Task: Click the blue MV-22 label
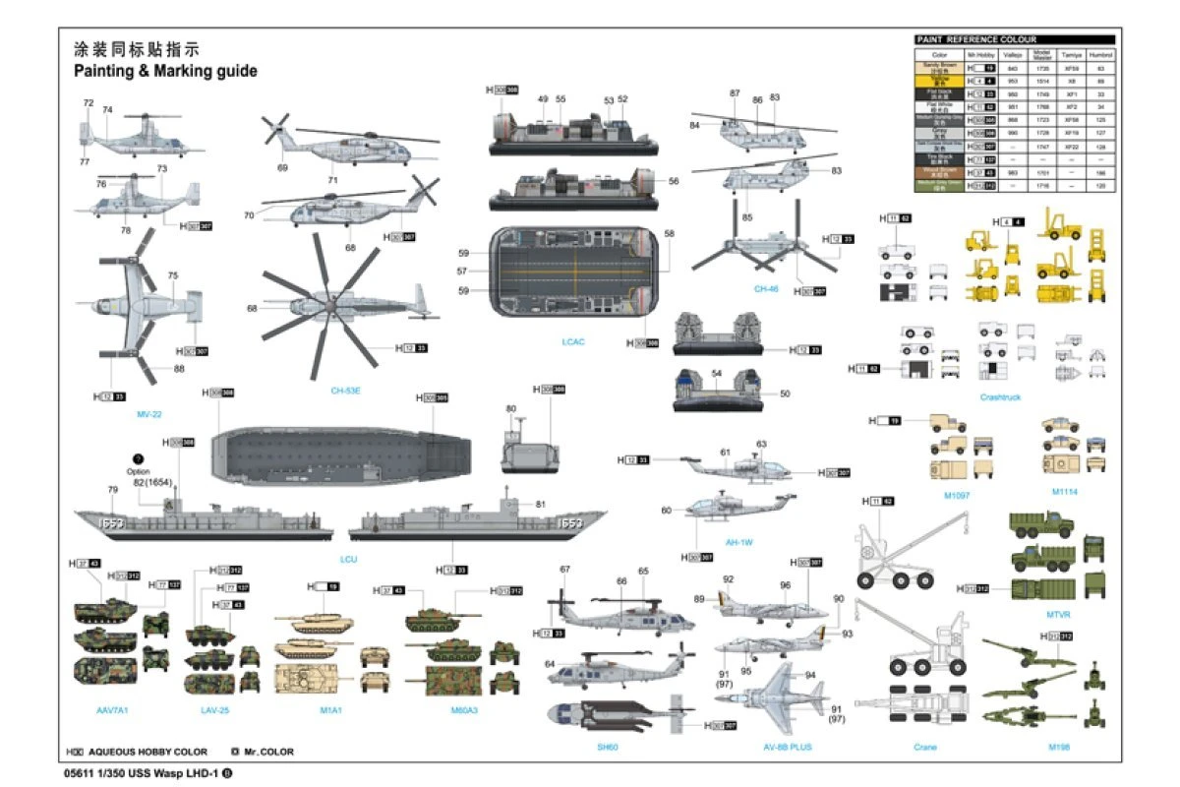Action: (x=149, y=414)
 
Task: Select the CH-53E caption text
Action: (x=346, y=391)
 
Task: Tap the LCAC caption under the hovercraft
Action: (x=573, y=341)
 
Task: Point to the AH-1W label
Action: (x=738, y=541)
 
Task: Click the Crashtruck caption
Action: (x=1001, y=397)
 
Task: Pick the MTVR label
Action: (x=1058, y=614)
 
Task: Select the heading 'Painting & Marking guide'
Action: (x=165, y=71)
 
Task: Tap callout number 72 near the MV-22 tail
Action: (x=88, y=102)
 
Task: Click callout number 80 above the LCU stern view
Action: (x=510, y=408)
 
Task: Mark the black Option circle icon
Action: (x=139, y=458)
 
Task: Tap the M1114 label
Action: (x=1064, y=492)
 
